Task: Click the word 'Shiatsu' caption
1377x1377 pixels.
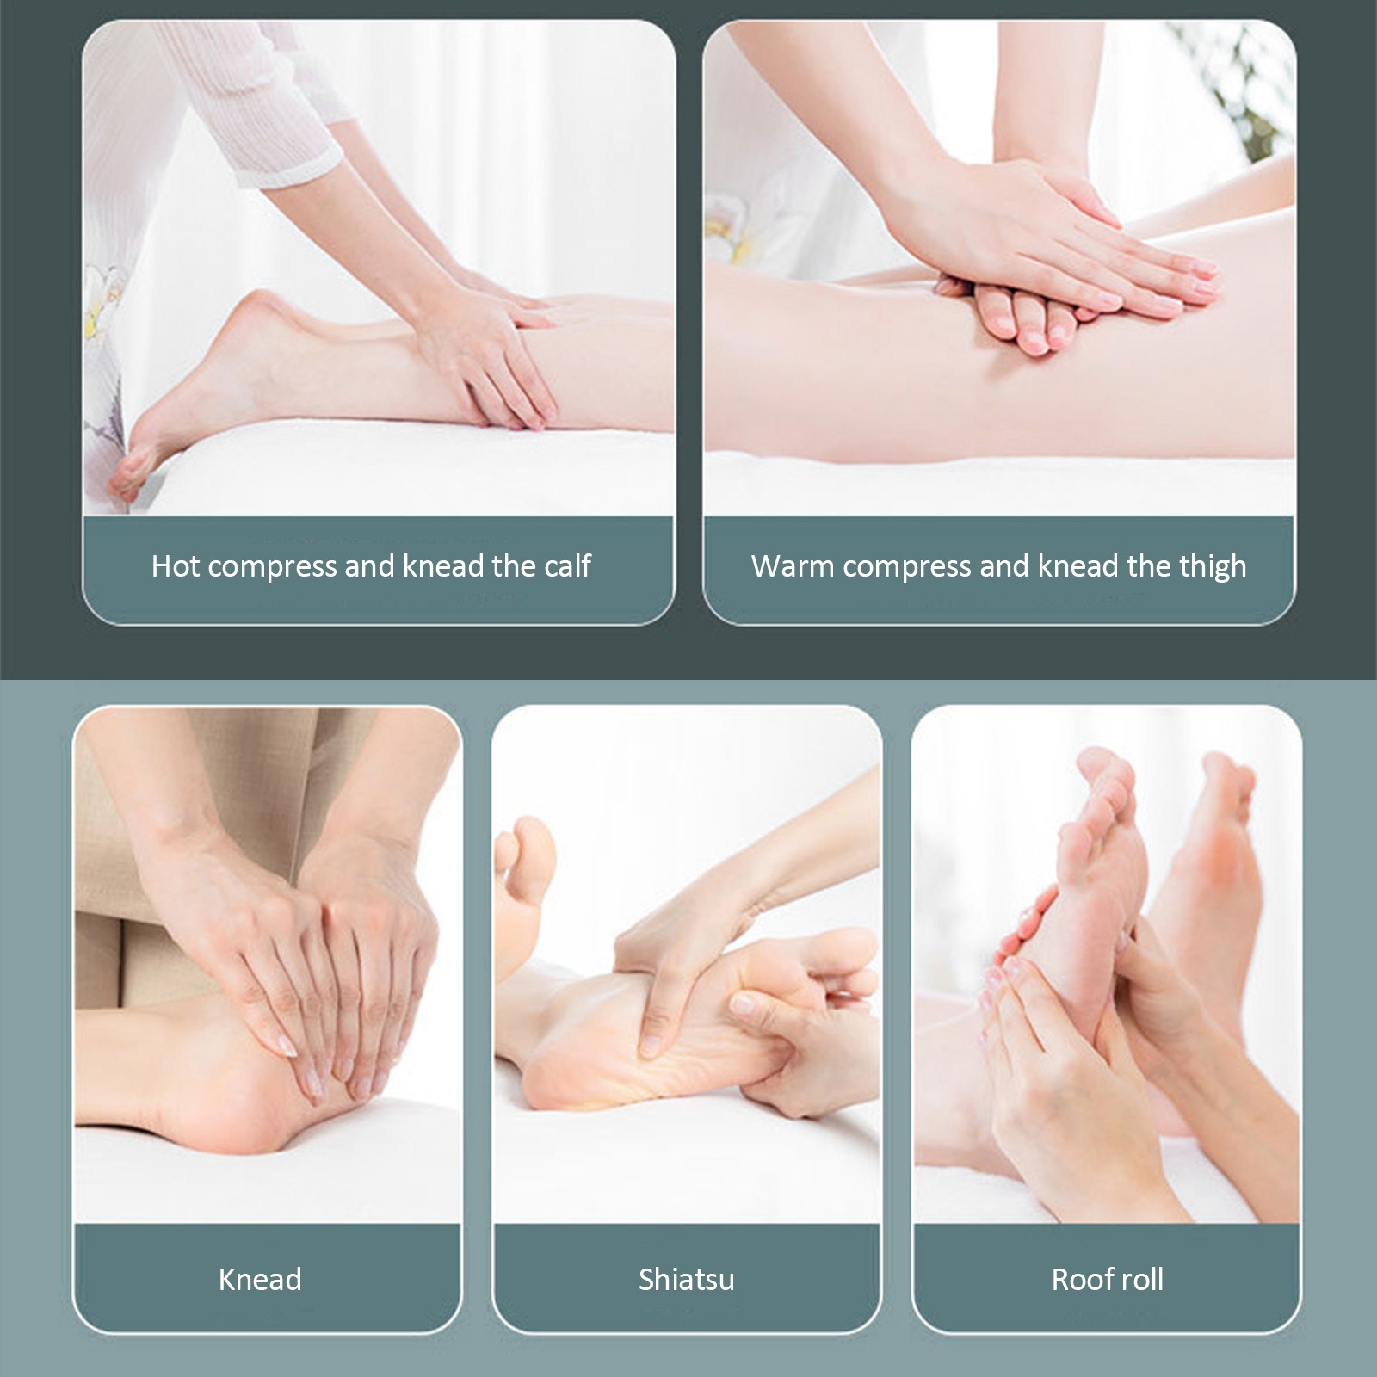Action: click(x=686, y=1279)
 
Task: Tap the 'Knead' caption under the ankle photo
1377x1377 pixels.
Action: click(x=260, y=1279)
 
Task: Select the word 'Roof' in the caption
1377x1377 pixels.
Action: click(x=1079, y=1279)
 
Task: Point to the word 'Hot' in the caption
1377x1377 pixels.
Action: click(x=176, y=565)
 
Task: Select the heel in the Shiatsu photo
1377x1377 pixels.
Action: click(x=551, y=1076)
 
